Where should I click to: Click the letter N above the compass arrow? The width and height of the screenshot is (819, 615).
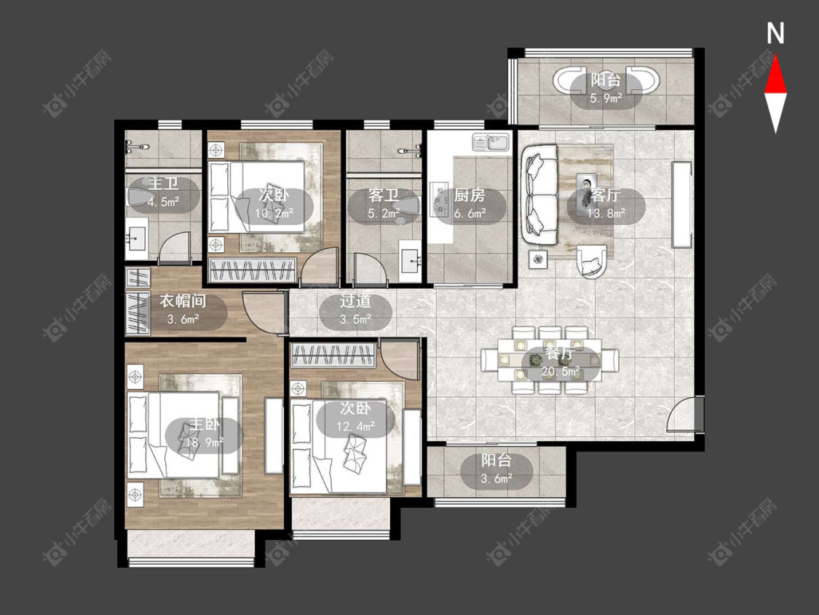775,34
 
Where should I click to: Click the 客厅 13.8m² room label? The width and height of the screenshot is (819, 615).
606,204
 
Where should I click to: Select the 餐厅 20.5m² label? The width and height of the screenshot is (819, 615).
561,362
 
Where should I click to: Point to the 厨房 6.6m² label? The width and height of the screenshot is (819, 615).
470,204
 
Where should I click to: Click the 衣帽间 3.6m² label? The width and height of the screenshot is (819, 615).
183,310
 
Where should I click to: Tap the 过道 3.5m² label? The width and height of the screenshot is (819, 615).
355,310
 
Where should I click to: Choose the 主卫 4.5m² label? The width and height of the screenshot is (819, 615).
164,192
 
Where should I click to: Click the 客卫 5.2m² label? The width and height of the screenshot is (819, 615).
384,204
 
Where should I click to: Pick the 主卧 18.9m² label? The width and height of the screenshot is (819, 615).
204,433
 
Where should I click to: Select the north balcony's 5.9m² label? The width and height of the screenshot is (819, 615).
606,89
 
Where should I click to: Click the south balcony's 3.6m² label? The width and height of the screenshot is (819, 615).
496,469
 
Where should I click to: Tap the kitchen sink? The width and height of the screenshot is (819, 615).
491,142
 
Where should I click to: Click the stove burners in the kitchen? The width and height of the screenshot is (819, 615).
438,199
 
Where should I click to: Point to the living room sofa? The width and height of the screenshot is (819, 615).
539,195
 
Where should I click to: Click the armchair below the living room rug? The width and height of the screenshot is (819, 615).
592,260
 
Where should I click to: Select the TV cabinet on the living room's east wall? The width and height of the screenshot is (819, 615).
681,205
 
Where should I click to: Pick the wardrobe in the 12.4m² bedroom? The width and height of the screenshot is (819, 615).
333,356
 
